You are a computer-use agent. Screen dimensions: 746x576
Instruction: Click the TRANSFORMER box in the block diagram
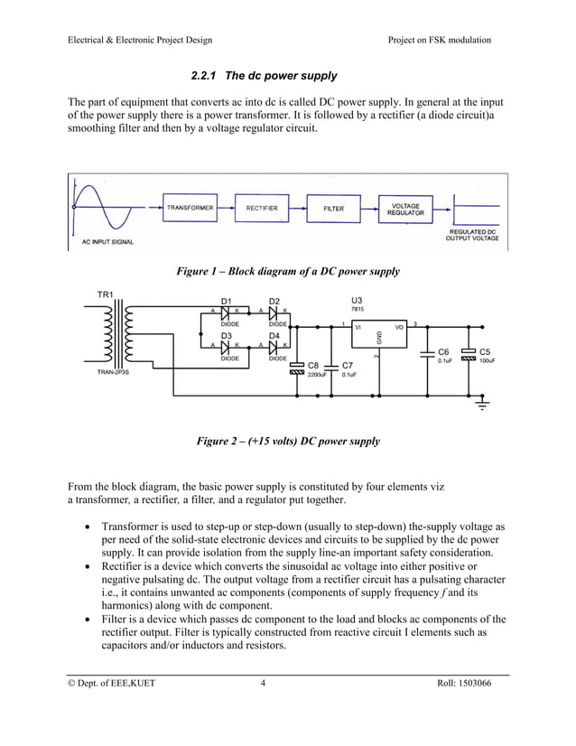tap(190, 208)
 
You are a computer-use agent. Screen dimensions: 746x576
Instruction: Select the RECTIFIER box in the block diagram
tap(262, 208)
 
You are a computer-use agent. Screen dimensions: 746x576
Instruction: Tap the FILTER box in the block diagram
tap(334, 208)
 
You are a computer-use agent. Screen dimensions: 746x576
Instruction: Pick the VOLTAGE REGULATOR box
tap(405, 208)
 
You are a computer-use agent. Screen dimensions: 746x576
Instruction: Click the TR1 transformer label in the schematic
tap(105, 295)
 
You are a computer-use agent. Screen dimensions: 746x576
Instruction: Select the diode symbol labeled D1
tap(227, 312)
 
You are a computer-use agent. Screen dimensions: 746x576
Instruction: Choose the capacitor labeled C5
tap(468, 355)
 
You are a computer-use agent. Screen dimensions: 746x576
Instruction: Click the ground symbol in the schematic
tap(483, 405)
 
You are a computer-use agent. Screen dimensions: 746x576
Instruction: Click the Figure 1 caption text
tap(287, 271)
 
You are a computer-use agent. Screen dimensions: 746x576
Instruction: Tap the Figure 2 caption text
tap(288, 442)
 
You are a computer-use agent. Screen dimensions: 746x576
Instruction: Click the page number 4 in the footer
tap(263, 683)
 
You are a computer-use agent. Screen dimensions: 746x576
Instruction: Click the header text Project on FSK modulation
tap(439, 40)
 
